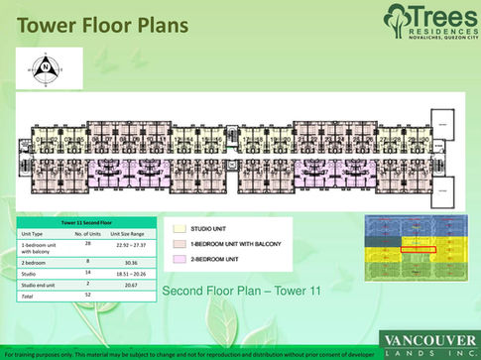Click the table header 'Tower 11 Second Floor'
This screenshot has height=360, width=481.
tap(86, 224)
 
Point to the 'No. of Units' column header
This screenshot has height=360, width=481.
tap(89, 234)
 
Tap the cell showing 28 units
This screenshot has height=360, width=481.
tap(88, 244)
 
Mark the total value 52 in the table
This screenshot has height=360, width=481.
tap(88, 295)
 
